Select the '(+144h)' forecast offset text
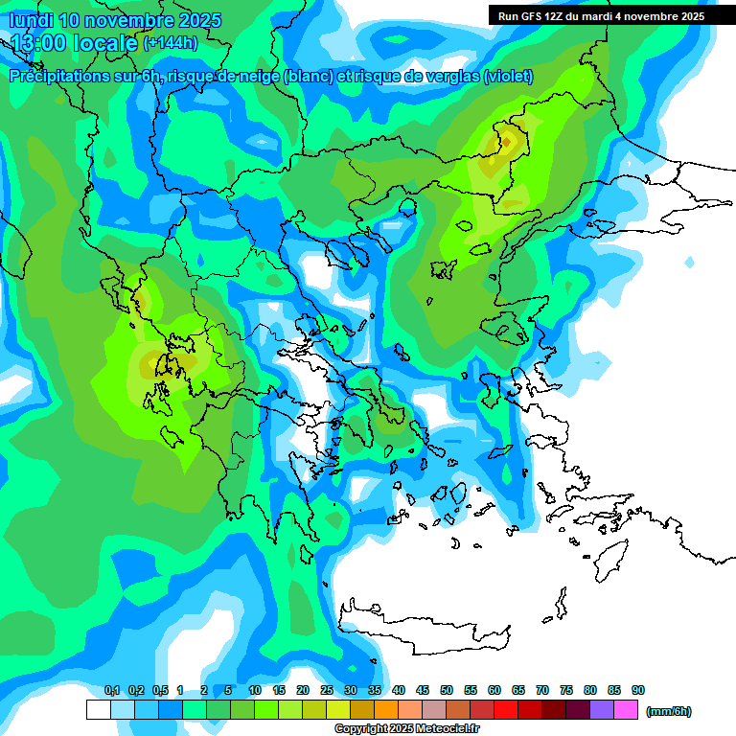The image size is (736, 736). point(170,43)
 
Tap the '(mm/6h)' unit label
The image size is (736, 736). point(669,711)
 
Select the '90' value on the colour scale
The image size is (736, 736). point(638,690)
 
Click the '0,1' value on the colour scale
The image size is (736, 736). point(111,690)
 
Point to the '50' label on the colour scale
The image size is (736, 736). point(447,690)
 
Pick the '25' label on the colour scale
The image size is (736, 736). point(327,690)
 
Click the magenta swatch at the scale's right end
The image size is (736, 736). point(626,710)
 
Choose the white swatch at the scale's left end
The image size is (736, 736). point(98,710)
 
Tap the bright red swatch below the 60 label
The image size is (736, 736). point(506,710)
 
